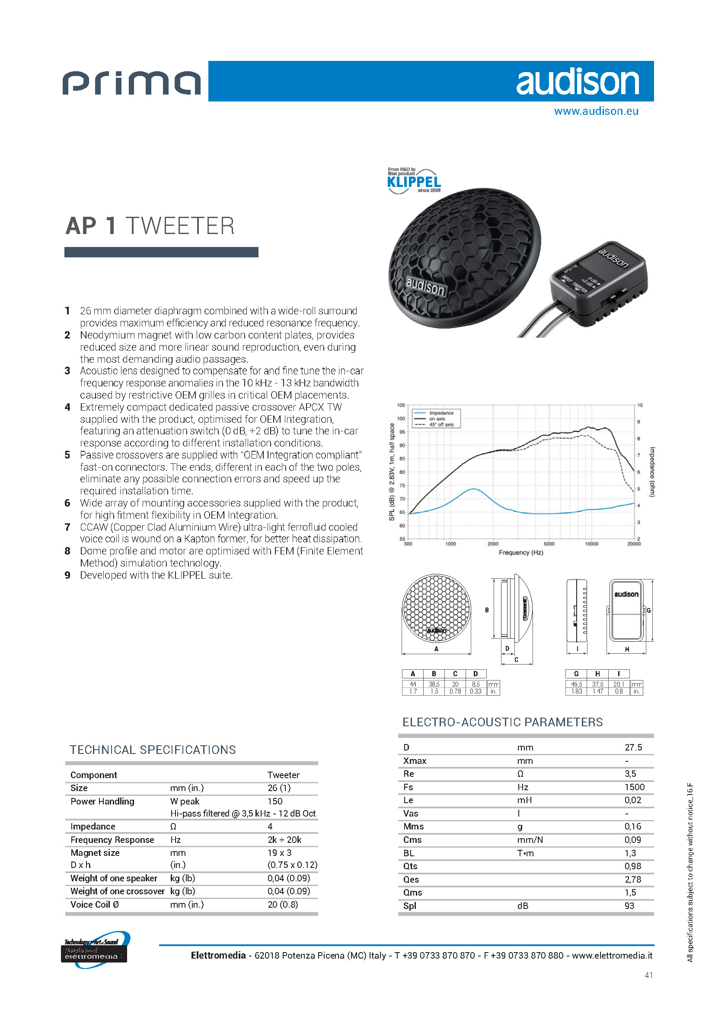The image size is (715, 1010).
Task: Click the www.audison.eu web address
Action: tap(596, 111)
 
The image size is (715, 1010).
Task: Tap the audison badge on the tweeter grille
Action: tap(425, 287)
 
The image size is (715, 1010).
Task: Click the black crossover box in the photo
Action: tap(599, 284)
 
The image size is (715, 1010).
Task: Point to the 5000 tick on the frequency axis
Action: tap(549, 544)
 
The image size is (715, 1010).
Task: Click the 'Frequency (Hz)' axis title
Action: tap(520, 553)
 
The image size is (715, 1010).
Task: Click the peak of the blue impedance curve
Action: tap(473, 489)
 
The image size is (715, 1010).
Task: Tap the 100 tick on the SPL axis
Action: tap(401, 418)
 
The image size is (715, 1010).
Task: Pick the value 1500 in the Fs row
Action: tap(634, 787)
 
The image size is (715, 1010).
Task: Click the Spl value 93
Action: tap(629, 906)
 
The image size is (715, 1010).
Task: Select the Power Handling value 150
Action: tap(275, 801)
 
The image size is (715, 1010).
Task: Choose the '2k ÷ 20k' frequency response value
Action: tap(284, 840)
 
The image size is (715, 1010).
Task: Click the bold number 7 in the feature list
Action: tap(67, 527)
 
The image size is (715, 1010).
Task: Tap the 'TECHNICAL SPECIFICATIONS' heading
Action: tap(152, 750)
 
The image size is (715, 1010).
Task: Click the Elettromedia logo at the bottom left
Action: tap(94, 950)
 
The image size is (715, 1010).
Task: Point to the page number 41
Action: tap(648, 975)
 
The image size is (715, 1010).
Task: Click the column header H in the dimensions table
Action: tap(597, 674)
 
